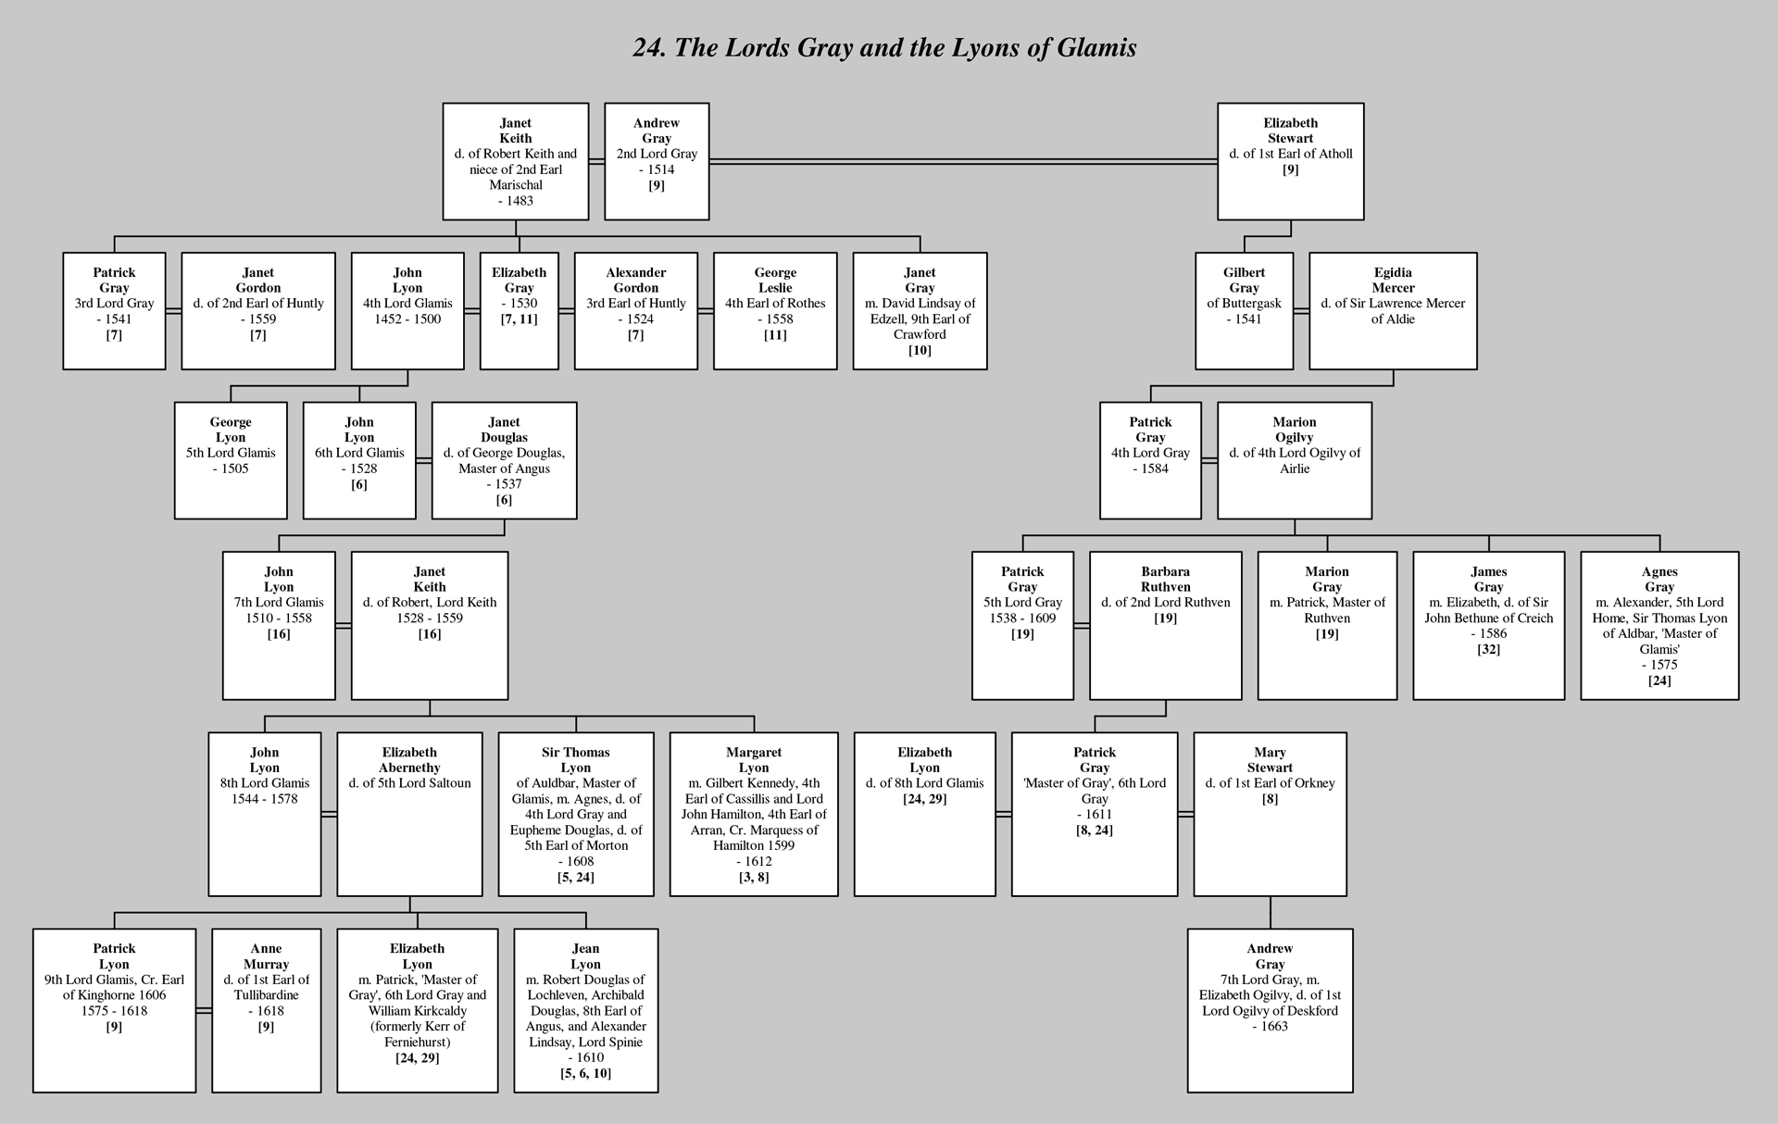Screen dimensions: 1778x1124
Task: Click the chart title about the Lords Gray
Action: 884,47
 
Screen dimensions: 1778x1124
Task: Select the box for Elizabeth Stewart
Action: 1290,161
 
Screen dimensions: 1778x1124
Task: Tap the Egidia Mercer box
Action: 1393,311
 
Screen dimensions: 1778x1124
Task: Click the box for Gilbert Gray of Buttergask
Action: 1244,311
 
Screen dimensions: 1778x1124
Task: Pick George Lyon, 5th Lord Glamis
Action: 231,460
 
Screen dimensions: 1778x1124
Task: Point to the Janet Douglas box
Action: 504,460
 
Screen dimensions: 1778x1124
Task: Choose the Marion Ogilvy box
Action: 1295,460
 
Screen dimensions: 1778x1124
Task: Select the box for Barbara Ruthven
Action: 1165,625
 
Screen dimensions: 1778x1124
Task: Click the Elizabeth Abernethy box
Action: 409,814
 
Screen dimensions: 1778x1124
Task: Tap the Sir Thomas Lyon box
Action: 576,814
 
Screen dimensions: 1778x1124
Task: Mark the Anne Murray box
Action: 266,1010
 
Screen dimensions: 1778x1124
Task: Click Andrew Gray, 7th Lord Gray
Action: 1270,1010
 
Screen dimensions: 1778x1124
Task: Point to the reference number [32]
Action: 1489,649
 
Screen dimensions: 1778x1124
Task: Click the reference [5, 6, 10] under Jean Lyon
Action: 585,1073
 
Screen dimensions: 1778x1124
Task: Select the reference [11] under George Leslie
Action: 775,334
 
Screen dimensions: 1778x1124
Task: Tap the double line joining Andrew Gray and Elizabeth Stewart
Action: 963,161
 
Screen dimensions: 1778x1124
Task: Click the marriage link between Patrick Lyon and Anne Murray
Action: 204,1010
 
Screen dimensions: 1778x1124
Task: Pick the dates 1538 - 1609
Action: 1022,618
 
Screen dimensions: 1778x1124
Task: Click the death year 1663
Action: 1274,1026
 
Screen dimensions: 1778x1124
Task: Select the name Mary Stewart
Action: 1270,760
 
